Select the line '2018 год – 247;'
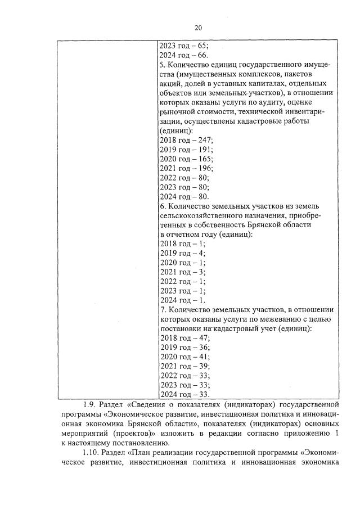click(186, 141)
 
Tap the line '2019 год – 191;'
click(186, 150)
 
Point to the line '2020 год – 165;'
click(186, 159)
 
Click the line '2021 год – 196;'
click(186, 168)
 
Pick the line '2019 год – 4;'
click(182, 253)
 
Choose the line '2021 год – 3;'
click(182, 272)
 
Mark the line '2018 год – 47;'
click(184, 338)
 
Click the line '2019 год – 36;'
click(184, 348)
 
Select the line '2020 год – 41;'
click(184, 357)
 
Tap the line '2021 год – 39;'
click(184, 366)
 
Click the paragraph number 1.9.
click(91, 404)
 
